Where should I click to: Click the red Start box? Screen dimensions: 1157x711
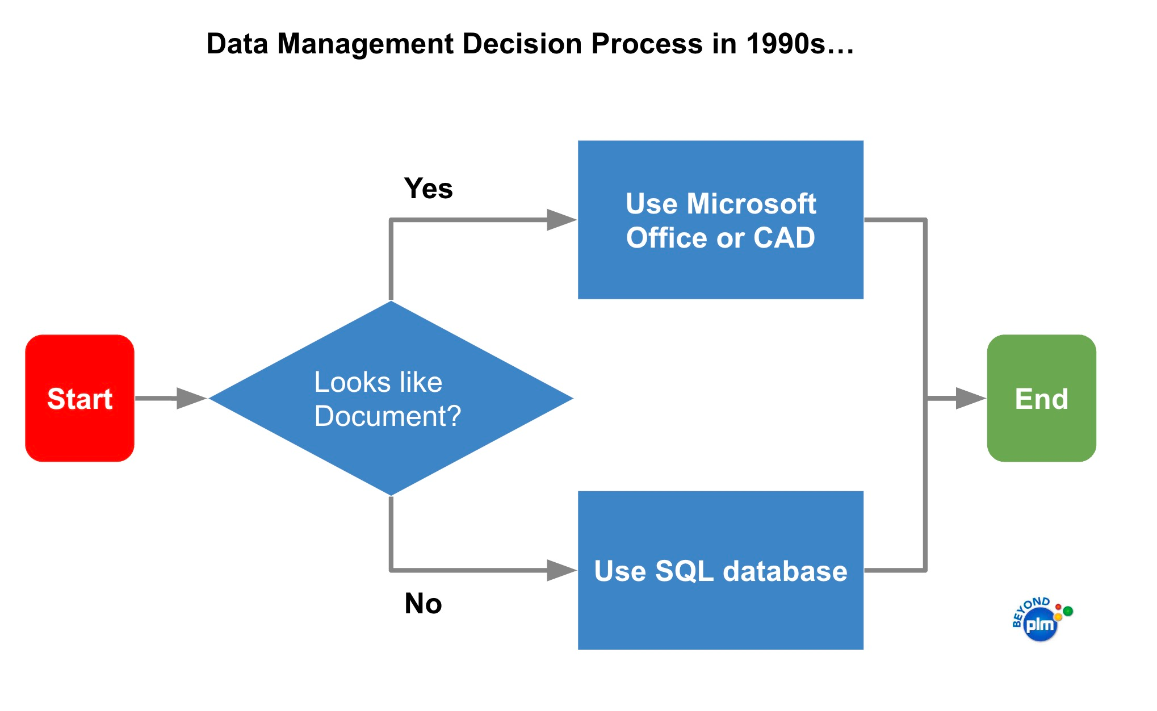(80, 398)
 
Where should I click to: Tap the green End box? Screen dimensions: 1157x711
(1042, 398)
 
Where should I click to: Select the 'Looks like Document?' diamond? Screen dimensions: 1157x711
(391, 398)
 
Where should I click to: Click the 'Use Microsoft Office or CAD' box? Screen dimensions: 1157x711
(720, 220)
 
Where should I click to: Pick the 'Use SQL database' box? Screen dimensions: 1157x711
(720, 570)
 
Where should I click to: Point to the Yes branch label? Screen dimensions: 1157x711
(429, 189)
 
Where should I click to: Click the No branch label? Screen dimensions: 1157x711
(424, 604)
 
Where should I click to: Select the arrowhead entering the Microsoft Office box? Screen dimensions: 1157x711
(561, 220)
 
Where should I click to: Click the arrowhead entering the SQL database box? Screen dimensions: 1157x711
(561, 570)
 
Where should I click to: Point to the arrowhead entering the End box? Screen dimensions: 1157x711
(971, 398)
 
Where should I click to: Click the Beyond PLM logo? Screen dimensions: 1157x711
(1042, 620)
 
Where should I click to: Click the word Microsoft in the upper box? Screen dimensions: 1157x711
(751, 203)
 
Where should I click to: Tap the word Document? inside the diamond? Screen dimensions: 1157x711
(388, 416)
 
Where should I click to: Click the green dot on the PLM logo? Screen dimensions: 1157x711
(1068, 611)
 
